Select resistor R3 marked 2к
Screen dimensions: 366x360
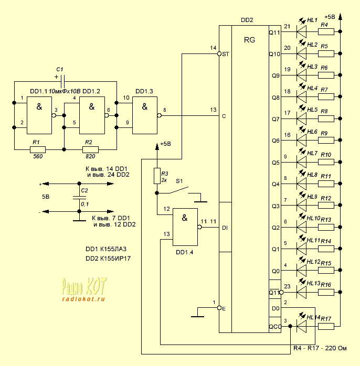coord(156,176)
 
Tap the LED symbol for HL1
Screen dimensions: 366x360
coord(302,32)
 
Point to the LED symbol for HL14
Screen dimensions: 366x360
coord(302,326)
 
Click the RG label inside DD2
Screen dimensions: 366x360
coord(250,40)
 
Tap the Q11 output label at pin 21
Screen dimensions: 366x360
coord(274,32)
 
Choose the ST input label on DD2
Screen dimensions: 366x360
coord(226,54)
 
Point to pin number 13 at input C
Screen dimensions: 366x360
coord(213,110)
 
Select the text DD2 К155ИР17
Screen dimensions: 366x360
coord(108,259)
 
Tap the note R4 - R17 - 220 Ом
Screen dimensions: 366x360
coord(320,347)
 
